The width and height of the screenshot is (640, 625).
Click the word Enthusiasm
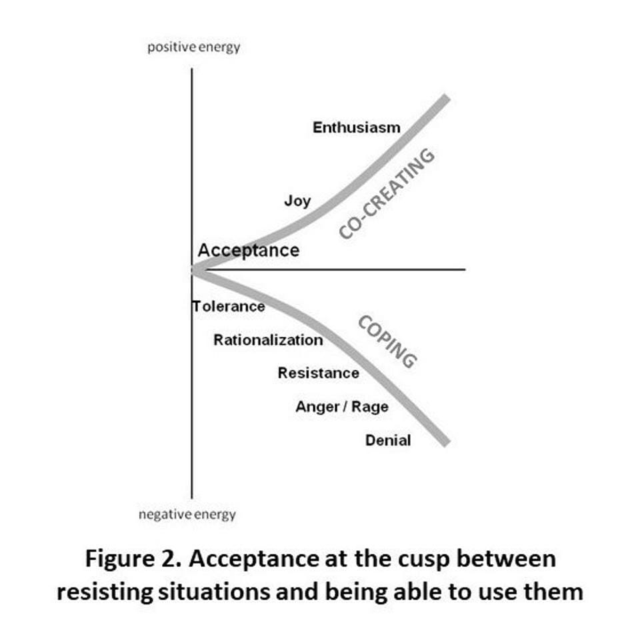(357, 127)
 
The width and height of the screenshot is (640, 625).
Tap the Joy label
(297, 200)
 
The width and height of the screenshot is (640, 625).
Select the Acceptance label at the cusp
(249, 251)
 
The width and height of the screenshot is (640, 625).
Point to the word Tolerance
(229, 307)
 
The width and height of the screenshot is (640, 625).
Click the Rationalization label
(268, 340)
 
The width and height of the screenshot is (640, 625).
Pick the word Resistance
(318, 374)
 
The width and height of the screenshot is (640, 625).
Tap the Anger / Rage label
(341, 406)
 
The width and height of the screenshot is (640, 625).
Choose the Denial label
(388, 440)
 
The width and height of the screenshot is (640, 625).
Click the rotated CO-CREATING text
(387, 193)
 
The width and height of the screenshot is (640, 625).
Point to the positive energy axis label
(193, 47)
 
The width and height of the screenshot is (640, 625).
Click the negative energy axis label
(187, 514)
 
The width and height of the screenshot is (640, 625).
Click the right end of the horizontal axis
(463, 269)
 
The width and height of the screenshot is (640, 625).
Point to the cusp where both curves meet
(193, 270)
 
